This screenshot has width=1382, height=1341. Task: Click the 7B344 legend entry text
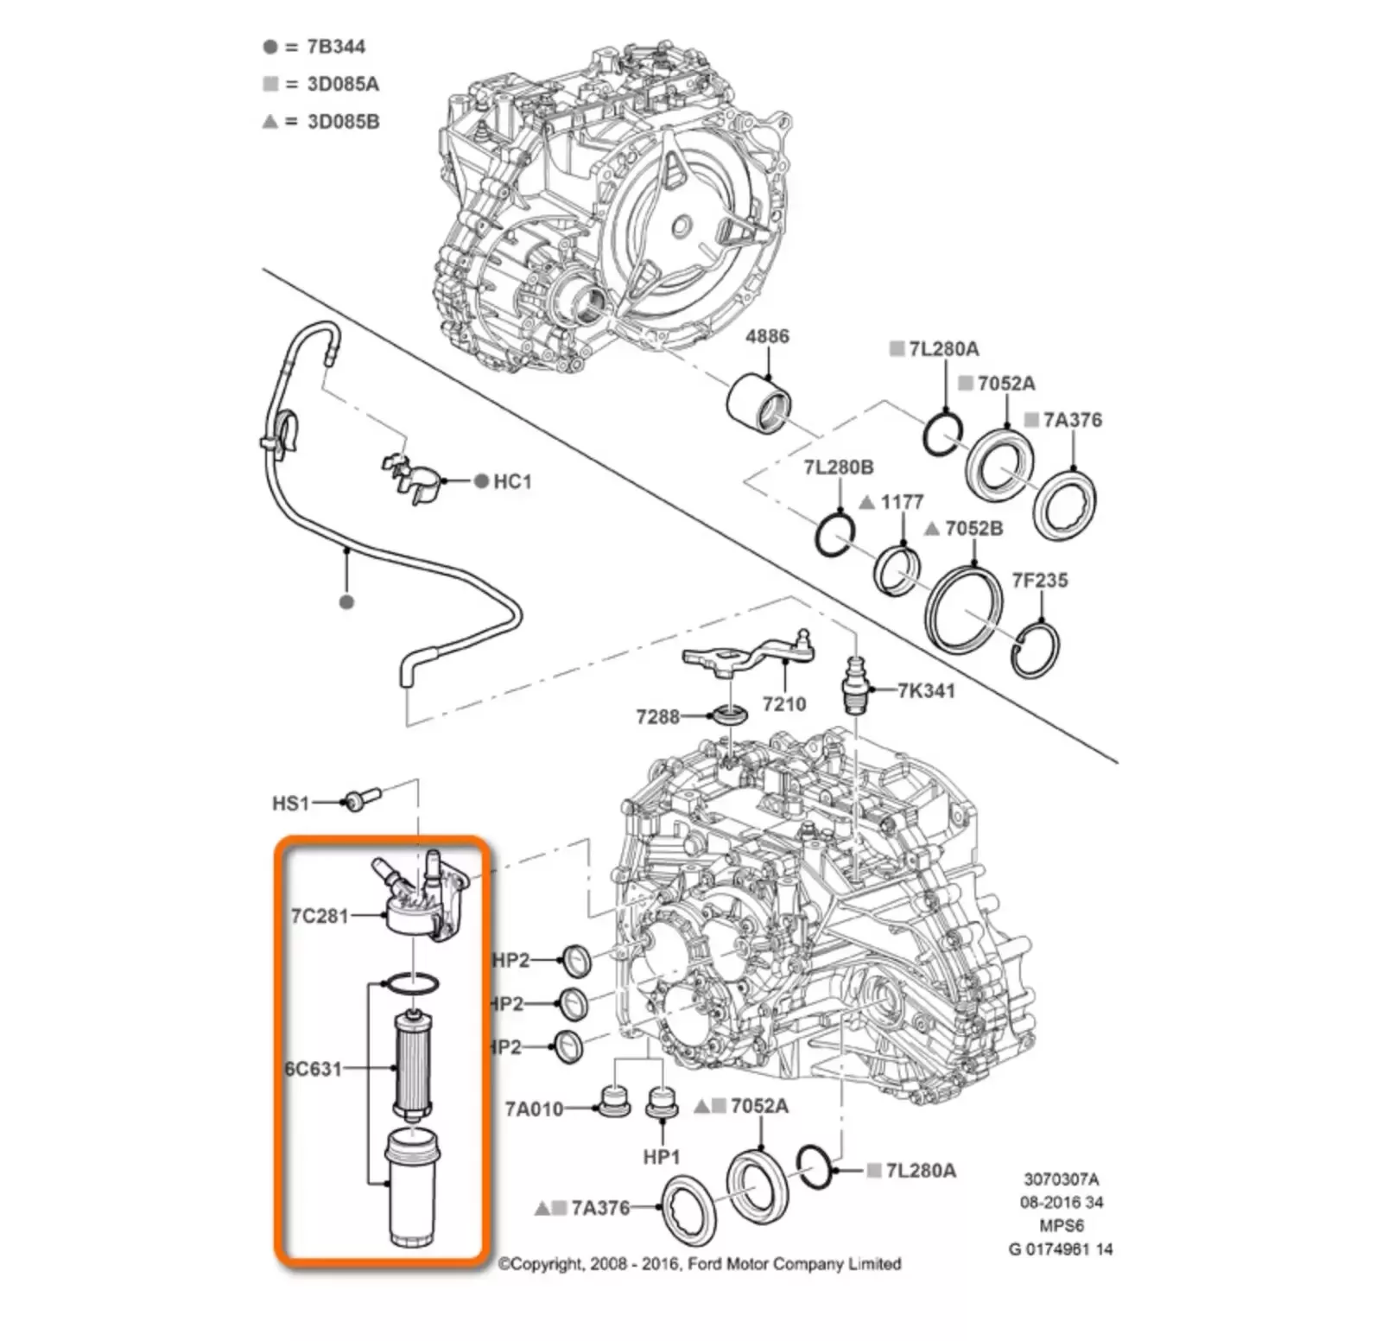335,47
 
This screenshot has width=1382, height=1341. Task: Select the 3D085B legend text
343,122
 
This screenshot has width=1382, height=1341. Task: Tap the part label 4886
767,336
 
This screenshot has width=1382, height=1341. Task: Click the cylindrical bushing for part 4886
758,403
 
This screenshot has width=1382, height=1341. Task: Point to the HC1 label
512,481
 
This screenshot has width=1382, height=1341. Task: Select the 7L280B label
839,467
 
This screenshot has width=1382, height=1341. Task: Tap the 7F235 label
1040,580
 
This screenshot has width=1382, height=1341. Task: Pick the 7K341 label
926,690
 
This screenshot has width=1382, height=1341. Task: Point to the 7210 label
784,704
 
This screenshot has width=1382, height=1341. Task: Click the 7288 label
658,716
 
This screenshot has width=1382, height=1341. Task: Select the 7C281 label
320,916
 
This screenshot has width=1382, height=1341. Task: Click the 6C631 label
314,1069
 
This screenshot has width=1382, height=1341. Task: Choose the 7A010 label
534,1109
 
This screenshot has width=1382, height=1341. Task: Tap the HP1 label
662,1157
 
